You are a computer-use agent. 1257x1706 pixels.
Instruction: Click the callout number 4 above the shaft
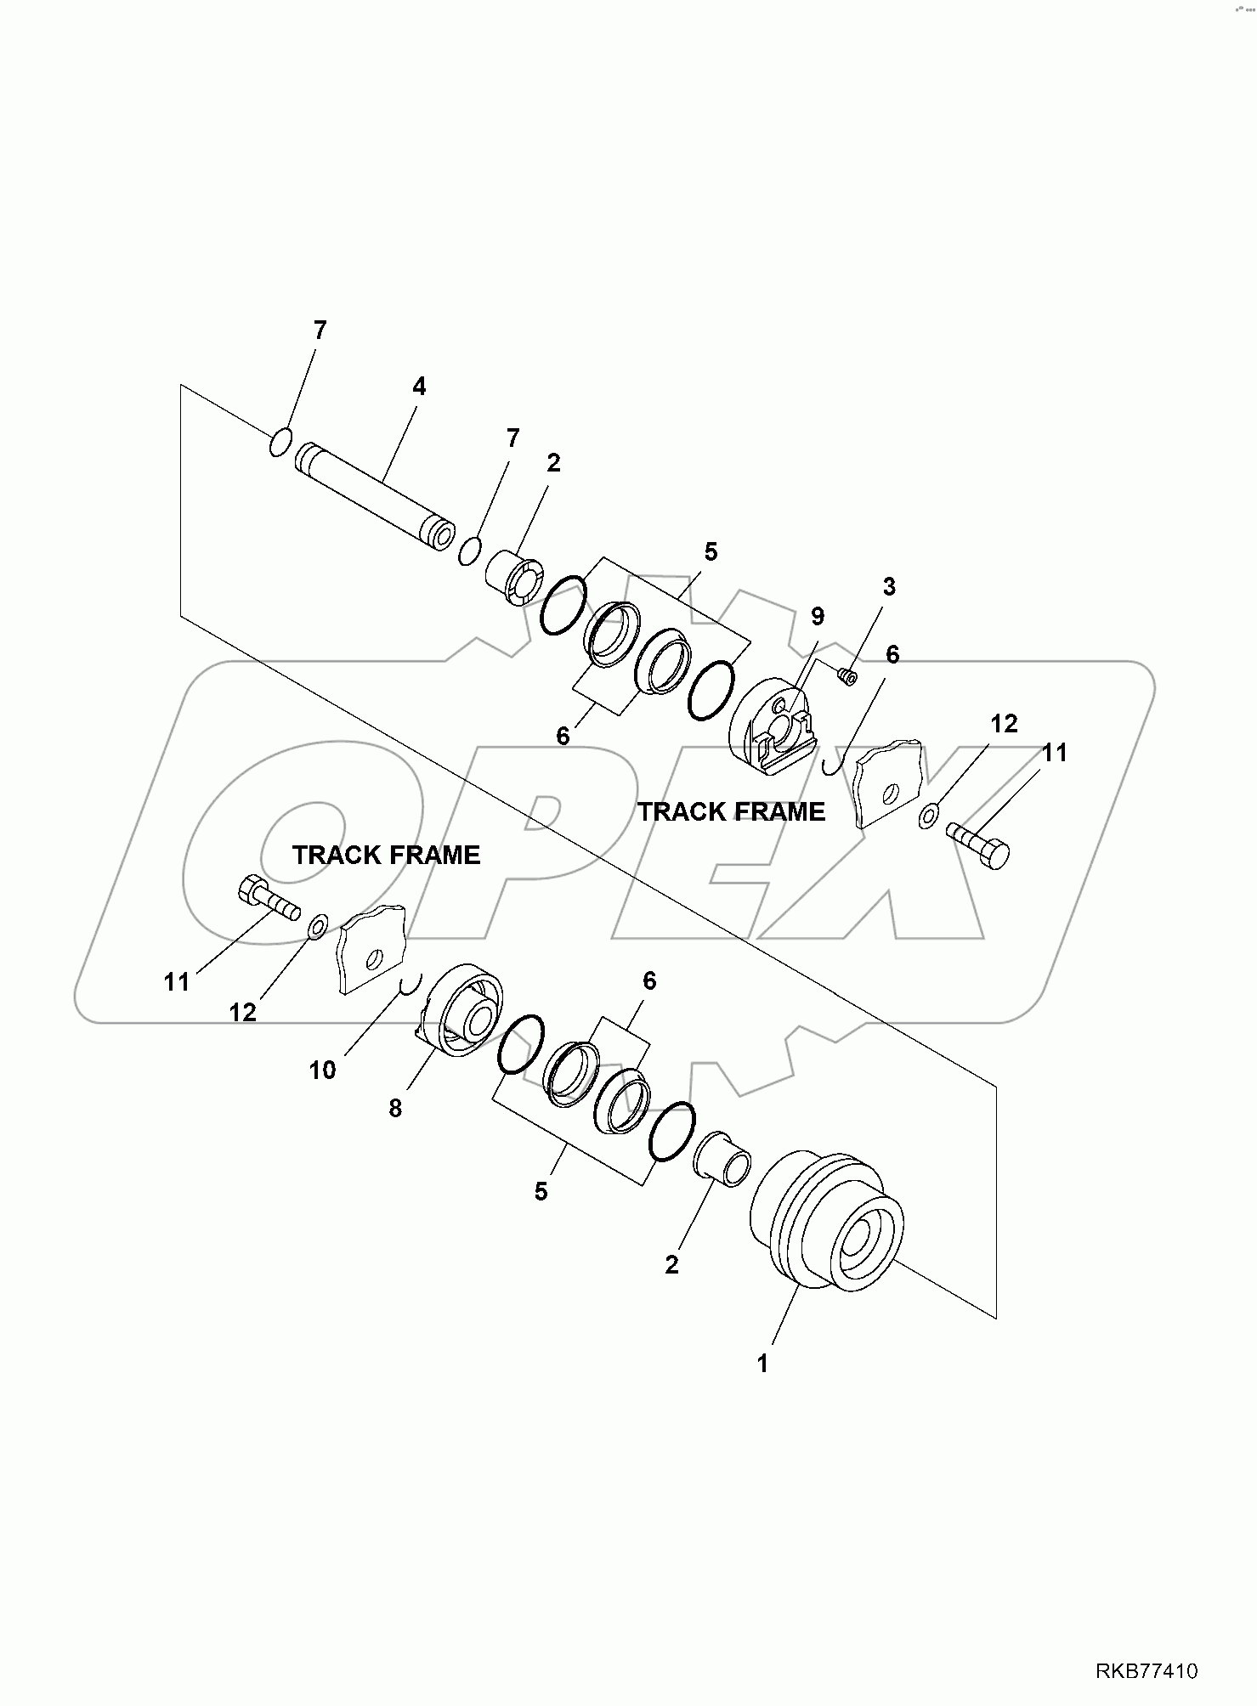(418, 387)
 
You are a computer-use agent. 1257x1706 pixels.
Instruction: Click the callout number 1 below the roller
(762, 1364)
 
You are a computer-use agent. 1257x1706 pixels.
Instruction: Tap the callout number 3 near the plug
(889, 586)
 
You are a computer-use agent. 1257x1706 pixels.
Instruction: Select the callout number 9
(817, 616)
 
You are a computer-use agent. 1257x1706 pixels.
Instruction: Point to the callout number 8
(395, 1108)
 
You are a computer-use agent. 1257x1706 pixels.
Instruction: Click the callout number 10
(323, 1070)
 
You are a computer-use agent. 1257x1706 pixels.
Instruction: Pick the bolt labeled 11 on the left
(266, 899)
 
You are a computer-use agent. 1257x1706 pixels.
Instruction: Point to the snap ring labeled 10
(407, 985)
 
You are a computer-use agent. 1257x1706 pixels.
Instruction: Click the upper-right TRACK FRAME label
(731, 812)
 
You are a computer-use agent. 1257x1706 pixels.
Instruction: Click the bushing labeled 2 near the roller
(722, 1159)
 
